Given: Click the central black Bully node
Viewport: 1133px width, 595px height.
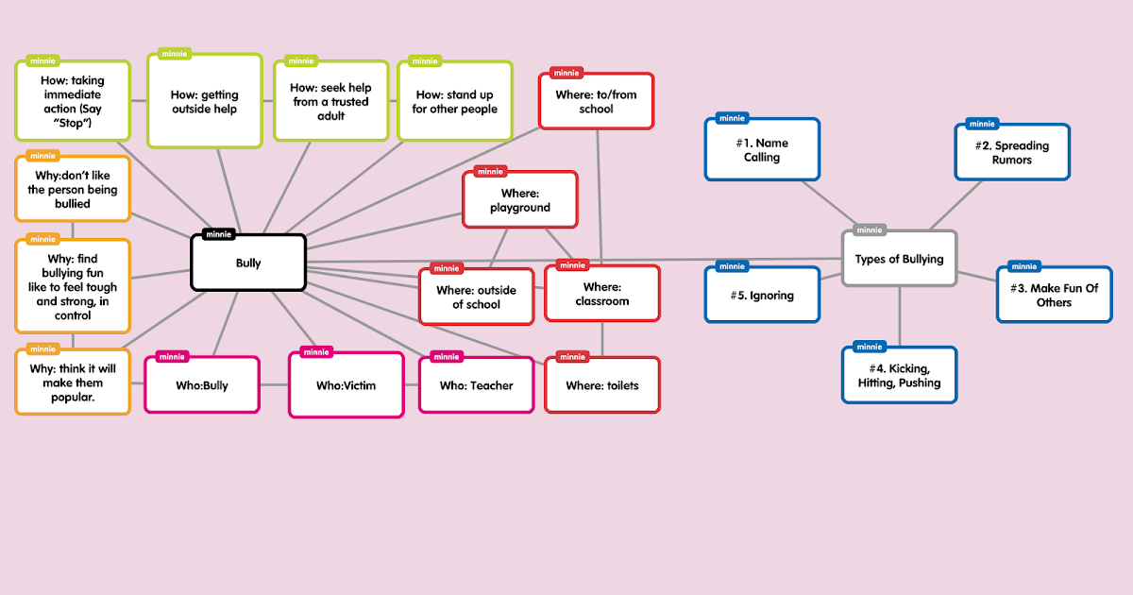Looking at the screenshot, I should pos(248,263).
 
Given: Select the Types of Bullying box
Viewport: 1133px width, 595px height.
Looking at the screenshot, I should pos(899,259).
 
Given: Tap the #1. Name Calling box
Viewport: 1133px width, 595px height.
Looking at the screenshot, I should pos(762,150).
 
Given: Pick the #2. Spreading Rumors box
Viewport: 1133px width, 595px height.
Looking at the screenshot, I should pos(1012,153).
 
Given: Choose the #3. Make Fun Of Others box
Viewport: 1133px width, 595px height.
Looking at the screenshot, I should pos(1054,296).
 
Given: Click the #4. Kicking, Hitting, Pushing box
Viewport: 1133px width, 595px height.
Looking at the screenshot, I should pos(899,376).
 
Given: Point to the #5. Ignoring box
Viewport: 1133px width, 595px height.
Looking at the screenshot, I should pos(762,296).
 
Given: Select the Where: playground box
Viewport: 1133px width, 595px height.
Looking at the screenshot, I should pos(519,200).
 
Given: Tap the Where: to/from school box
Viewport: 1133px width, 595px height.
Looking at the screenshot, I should pos(596,102).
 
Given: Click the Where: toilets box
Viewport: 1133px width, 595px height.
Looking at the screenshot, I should pos(601,385).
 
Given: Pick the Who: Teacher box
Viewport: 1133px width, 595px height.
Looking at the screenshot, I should pos(476,385).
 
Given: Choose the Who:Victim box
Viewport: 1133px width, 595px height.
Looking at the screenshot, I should pos(346,385).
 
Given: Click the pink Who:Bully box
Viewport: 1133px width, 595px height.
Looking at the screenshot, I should pos(201,385).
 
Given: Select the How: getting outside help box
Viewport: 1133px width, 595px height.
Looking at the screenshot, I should pos(204,102).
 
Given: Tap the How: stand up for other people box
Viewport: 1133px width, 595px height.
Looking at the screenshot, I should pos(454,102).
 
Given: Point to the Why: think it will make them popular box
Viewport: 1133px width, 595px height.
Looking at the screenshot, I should pos(73,383).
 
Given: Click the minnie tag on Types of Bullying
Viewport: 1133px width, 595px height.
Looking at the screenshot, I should pos(870,229).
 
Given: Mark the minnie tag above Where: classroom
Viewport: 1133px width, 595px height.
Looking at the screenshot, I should pos(572,265).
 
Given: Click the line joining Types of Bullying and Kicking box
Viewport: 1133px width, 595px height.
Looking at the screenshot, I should pos(899,316).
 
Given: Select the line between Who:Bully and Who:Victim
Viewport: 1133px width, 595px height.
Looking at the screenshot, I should pos(274,385).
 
